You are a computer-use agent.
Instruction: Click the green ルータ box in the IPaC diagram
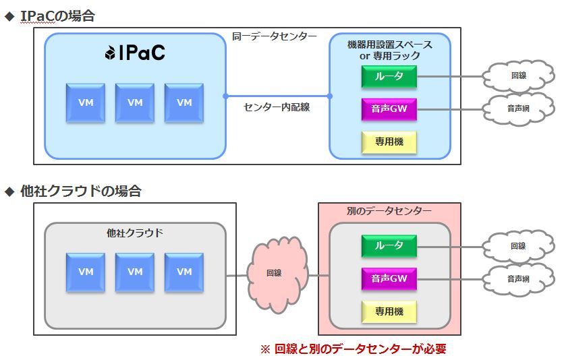pyautogui.click(x=389, y=76)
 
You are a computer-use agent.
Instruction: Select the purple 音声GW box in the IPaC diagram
pyautogui.click(x=389, y=109)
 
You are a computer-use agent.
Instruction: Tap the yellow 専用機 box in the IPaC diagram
pyautogui.click(x=389, y=142)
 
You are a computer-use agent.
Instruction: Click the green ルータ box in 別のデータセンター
pyautogui.click(x=389, y=246)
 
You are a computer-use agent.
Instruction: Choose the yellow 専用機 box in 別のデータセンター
pyautogui.click(x=389, y=311)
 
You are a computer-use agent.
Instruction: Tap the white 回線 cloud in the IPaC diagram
pyautogui.click(x=517, y=76)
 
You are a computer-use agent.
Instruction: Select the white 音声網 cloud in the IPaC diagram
pyautogui.click(x=517, y=109)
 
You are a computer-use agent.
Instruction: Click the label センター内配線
pyautogui.click(x=277, y=107)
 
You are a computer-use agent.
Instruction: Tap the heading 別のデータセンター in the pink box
pyautogui.click(x=389, y=211)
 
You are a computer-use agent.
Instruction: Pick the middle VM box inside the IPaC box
pyautogui.click(x=135, y=102)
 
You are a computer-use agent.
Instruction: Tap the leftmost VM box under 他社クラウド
pyautogui.click(x=86, y=272)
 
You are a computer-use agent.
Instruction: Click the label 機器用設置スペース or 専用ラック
pyautogui.click(x=389, y=50)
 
